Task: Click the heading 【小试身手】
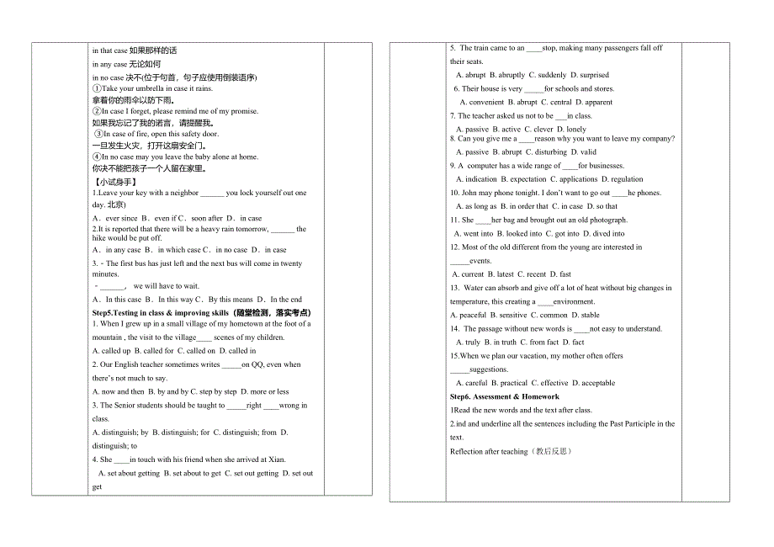tap(114, 181)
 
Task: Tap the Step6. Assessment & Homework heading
tap(505, 396)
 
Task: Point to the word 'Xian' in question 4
tap(275, 459)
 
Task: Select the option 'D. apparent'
tap(594, 102)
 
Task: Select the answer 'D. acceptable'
tap(594, 383)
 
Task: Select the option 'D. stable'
tap(586, 315)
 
